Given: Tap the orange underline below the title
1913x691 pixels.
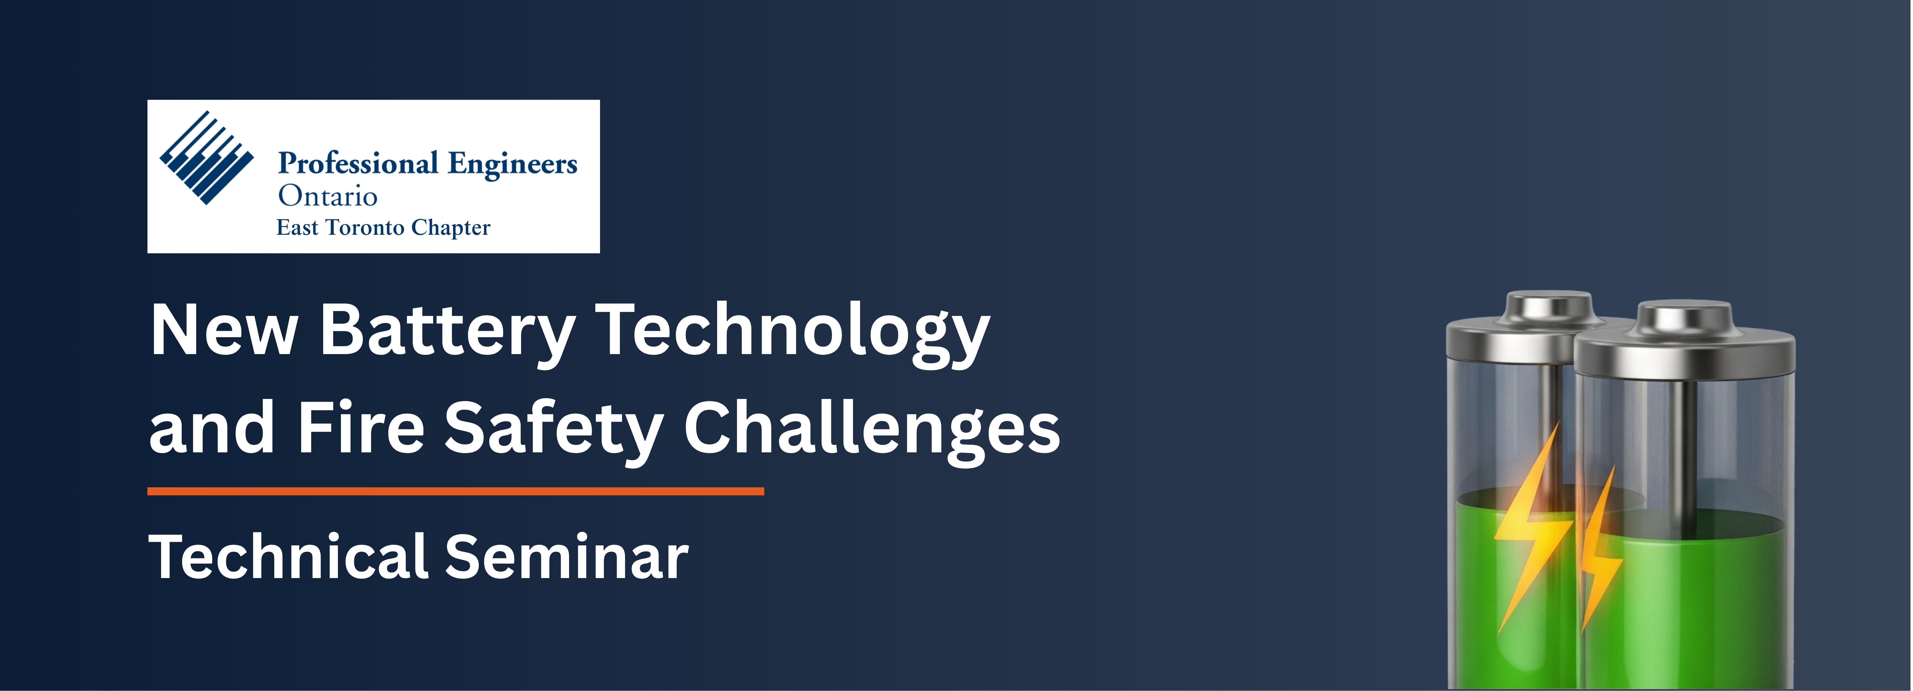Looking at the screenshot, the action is [455, 491].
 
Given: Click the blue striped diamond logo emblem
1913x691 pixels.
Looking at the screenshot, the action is [206, 158].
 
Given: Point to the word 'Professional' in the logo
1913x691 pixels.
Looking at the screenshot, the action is [358, 163].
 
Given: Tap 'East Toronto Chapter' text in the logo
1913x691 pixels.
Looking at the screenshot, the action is [383, 227].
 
